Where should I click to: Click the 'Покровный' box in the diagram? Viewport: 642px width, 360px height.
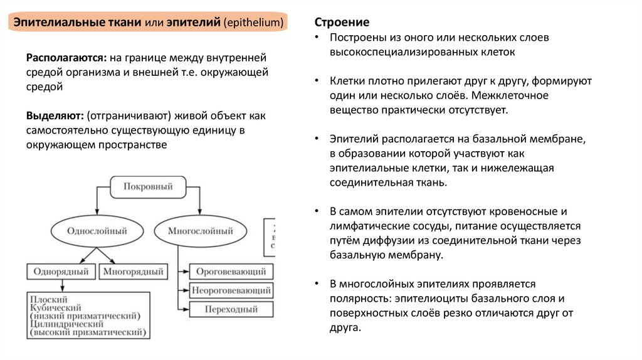pyautogui.click(x=148, y=186)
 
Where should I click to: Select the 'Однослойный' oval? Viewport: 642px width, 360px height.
pyautogui.click(x=97, y=231)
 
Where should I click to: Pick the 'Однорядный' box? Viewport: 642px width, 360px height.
pyautogui.click(x=61, y=272)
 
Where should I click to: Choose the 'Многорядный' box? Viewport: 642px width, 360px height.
pyautogui.click(x=133, y=272)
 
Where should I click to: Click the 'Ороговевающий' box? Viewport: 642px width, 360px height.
pyautogui.click(x=231, y=272)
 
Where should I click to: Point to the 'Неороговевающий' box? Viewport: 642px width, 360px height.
pyautogui.click(x=231, y=290)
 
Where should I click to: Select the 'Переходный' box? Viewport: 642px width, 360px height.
pyautogui.click(x=231, y=309)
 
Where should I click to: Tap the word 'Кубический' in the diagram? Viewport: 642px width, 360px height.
pyautogui.click(x=56, y=308)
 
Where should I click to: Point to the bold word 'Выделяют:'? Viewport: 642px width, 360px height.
pyautogui.click(x=55, y=116)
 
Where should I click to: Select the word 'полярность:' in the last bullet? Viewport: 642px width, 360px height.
pyautogui.click(x=357, y=299)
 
